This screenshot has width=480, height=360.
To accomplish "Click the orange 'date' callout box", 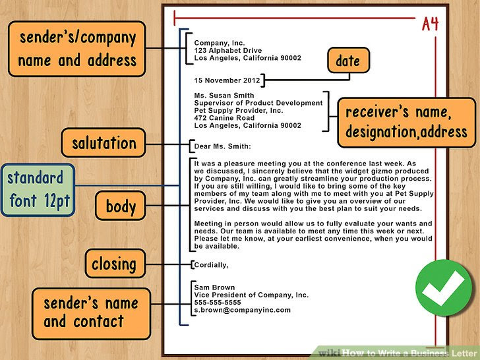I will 347,61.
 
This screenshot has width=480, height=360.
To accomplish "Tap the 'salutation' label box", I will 104,143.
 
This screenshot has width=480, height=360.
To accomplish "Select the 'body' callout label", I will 121,207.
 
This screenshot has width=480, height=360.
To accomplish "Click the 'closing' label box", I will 114,264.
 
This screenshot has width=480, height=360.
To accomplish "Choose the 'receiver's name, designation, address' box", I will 406,123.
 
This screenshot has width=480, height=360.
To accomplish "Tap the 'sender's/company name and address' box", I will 77,49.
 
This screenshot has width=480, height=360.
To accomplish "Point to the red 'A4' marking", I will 431,24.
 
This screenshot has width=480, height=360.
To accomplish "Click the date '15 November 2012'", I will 225,80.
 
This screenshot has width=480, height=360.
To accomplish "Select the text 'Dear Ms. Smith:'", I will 223,146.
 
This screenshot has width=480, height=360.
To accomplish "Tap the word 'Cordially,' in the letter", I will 211,265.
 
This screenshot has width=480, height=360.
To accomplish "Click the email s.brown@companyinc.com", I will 242,310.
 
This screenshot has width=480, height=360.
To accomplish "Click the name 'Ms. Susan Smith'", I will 224,96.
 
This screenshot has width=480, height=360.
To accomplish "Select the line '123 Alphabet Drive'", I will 227,51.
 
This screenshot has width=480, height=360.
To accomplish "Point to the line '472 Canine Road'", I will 224,117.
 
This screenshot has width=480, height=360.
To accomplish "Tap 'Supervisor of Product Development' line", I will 258,103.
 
